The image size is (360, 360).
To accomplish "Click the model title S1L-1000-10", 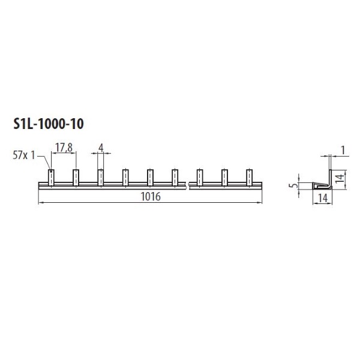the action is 49,124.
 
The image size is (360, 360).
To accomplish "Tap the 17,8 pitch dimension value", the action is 64,148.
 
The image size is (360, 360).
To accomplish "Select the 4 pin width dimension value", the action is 101,148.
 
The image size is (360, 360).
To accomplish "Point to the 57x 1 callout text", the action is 24,155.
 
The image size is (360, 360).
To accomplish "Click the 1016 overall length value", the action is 151,197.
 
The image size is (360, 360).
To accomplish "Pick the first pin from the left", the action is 51,178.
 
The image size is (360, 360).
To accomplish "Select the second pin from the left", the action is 76,178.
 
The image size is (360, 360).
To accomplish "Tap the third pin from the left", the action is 101,178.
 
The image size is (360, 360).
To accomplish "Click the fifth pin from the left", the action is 150,178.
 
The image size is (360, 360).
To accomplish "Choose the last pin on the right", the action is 250,178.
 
